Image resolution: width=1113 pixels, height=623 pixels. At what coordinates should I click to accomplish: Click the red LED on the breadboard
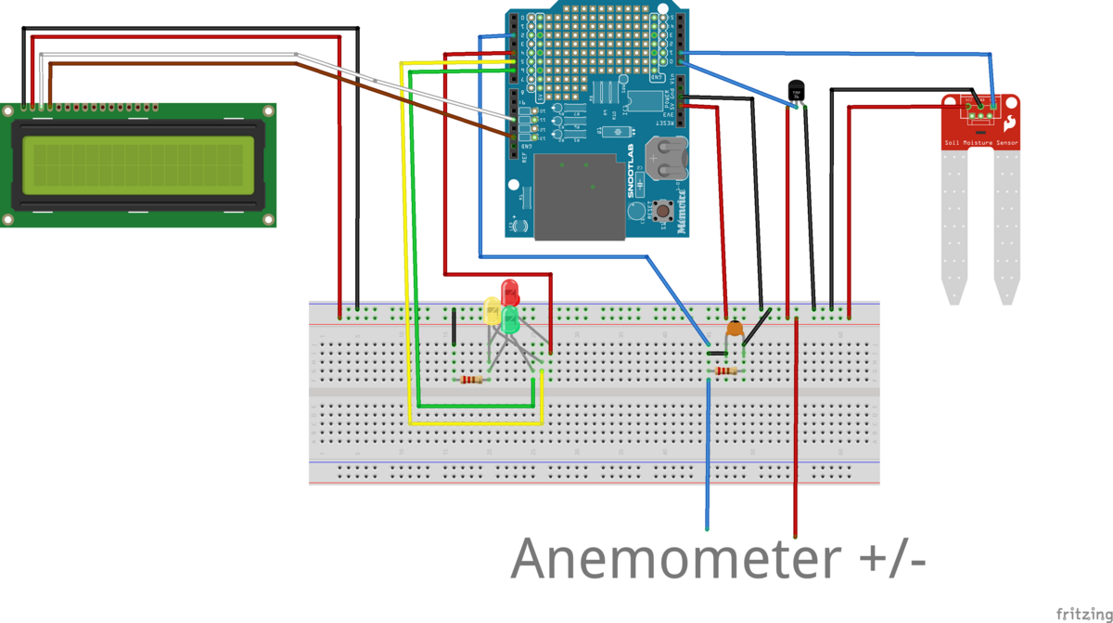[509, 292]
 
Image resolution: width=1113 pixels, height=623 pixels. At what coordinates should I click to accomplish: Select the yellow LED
[493, 309]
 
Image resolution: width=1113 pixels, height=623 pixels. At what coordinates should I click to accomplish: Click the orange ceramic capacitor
[735, 328]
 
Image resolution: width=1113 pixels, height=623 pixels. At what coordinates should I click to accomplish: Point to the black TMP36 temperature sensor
[796, 90]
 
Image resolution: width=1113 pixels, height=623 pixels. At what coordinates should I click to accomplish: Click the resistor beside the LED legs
[471, 379]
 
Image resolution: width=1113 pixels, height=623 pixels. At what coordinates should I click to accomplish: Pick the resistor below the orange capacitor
[725, 371]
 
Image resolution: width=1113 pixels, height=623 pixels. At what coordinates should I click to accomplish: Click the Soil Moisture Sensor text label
[980, 143]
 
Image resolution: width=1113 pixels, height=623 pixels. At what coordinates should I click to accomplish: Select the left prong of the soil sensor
[954, 227]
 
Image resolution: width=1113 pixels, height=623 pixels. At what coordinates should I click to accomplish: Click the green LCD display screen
[138, 163]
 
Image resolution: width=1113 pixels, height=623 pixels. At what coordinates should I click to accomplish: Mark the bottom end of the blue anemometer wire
[708, 527]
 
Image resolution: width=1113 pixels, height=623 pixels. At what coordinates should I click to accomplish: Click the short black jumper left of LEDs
[454, 327]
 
